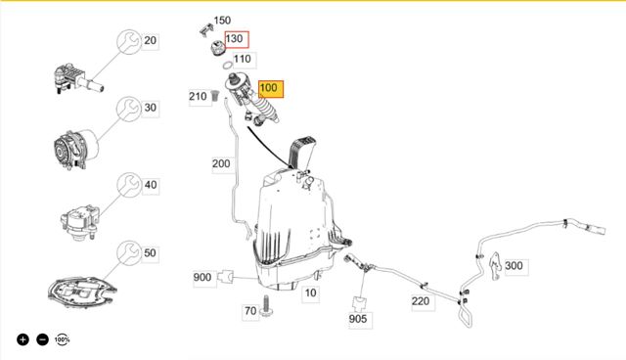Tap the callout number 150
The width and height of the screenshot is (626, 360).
(222, 21)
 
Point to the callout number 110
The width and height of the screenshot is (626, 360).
(243, 59)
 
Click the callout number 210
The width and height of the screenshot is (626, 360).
(198, 96)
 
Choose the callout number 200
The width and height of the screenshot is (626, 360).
(221, 163)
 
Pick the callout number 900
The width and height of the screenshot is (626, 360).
(202, 277)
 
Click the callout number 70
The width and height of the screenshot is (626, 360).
(250, 310)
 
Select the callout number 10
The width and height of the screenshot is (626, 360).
(311, 292)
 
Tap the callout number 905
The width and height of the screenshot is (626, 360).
(358, 319)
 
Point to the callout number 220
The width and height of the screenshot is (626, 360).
(421, 301)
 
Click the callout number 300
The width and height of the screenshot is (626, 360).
(514, 266)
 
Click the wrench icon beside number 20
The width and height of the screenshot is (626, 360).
(129, 41)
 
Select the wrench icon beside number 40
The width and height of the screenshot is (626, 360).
(129, 185)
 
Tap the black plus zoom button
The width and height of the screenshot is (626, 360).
(22, 339)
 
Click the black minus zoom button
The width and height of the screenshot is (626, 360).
(42, 339)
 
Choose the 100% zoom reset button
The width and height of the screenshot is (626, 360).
(62, 339)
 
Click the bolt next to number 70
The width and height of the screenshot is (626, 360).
(265, 306)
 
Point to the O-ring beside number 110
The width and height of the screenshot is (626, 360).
(228, 66)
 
